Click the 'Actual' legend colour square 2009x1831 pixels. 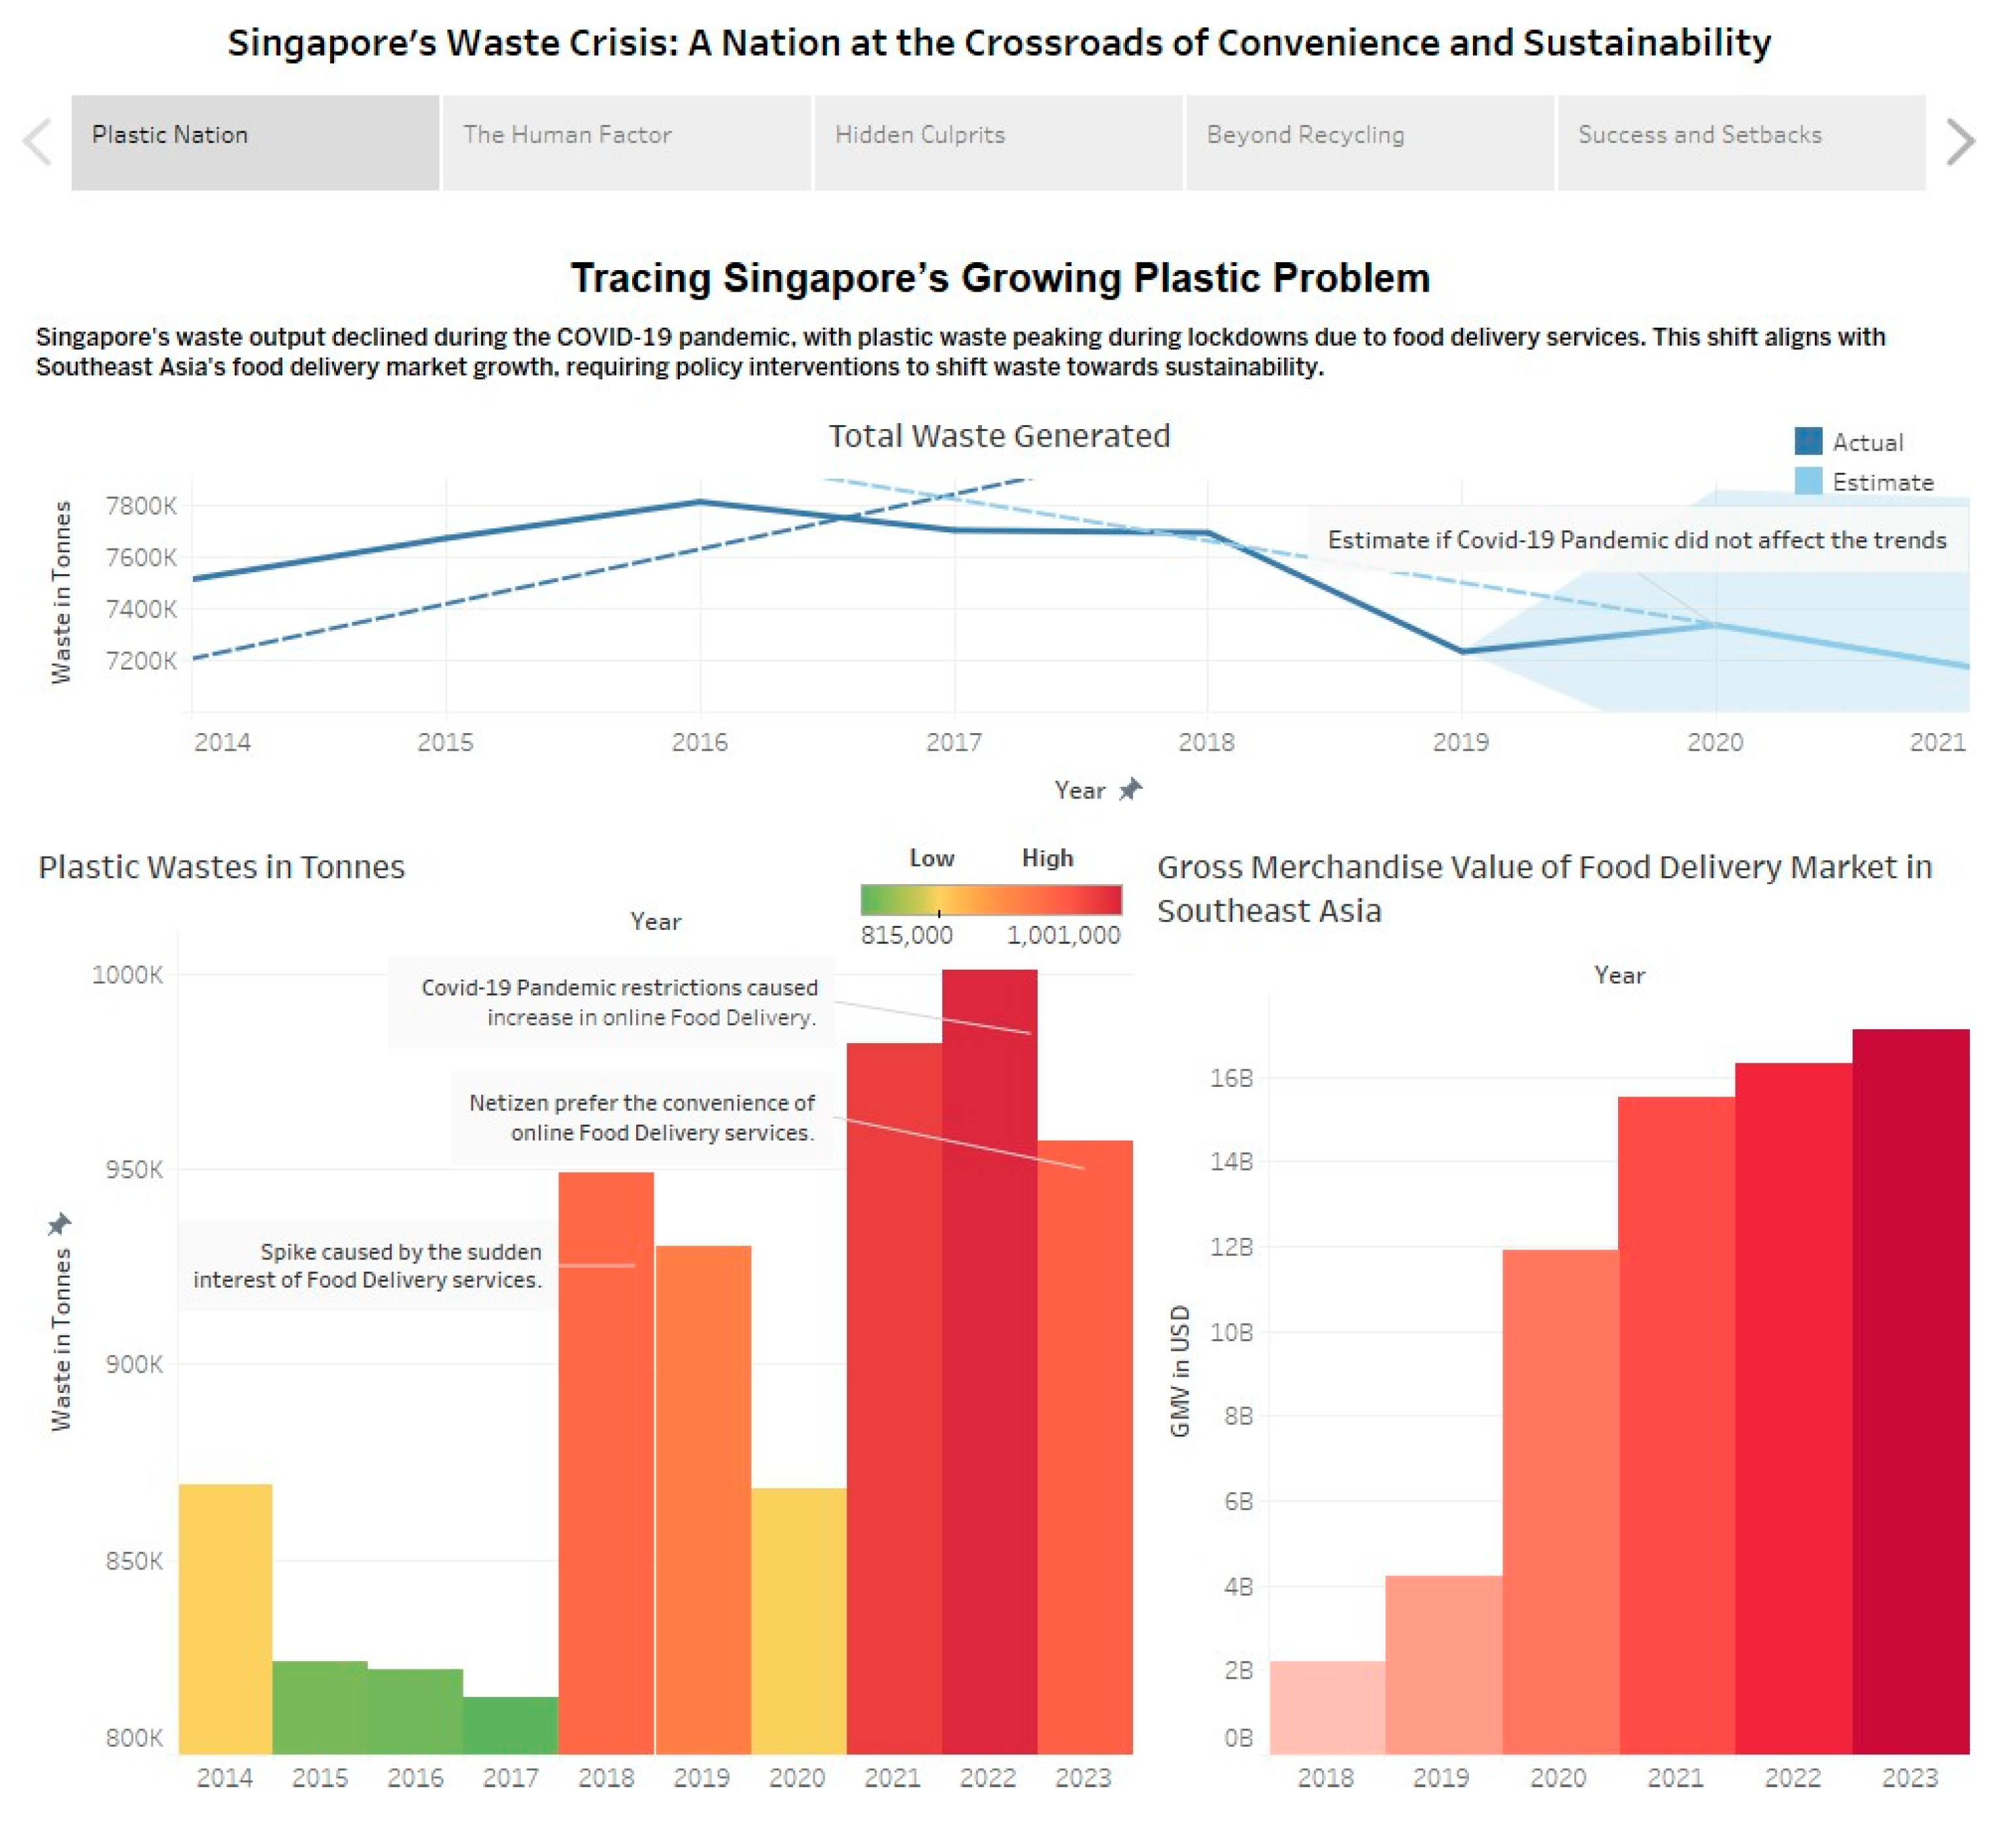click(1808, 441)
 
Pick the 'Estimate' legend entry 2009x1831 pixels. click(1882, 483)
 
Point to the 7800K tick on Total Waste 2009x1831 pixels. click(141, 506)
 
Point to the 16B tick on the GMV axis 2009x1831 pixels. click(1231, 1078)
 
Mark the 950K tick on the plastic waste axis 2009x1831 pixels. click(133, 1170)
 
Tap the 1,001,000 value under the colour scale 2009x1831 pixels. click(1063, 936)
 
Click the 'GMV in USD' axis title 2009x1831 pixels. click(1180, 1371)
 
